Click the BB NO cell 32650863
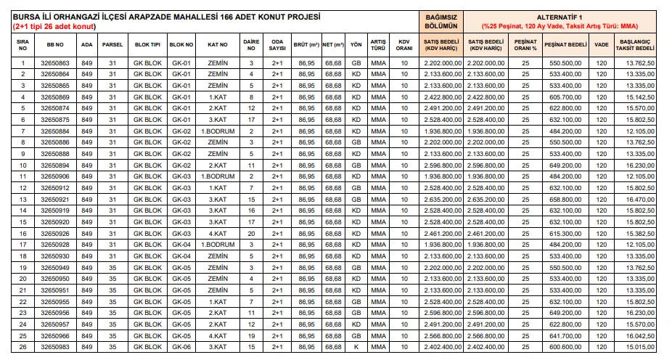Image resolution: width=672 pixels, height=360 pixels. tap(56, 63)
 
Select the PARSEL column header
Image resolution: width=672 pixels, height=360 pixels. tap(112, 44)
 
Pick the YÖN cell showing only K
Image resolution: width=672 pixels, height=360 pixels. tap(356, 348)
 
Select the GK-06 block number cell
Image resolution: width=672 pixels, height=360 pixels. tap(181, 348)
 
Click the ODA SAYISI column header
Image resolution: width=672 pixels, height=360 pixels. tap(277, 44)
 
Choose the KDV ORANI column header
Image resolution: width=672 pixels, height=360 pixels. tap(405, 44)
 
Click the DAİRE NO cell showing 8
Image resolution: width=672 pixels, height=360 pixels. tap(251, 97)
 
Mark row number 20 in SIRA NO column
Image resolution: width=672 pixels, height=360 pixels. tap(22, 278)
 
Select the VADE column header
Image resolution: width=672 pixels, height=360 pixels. tap(602, 44)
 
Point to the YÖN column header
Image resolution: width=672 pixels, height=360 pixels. tap(356, 44)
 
